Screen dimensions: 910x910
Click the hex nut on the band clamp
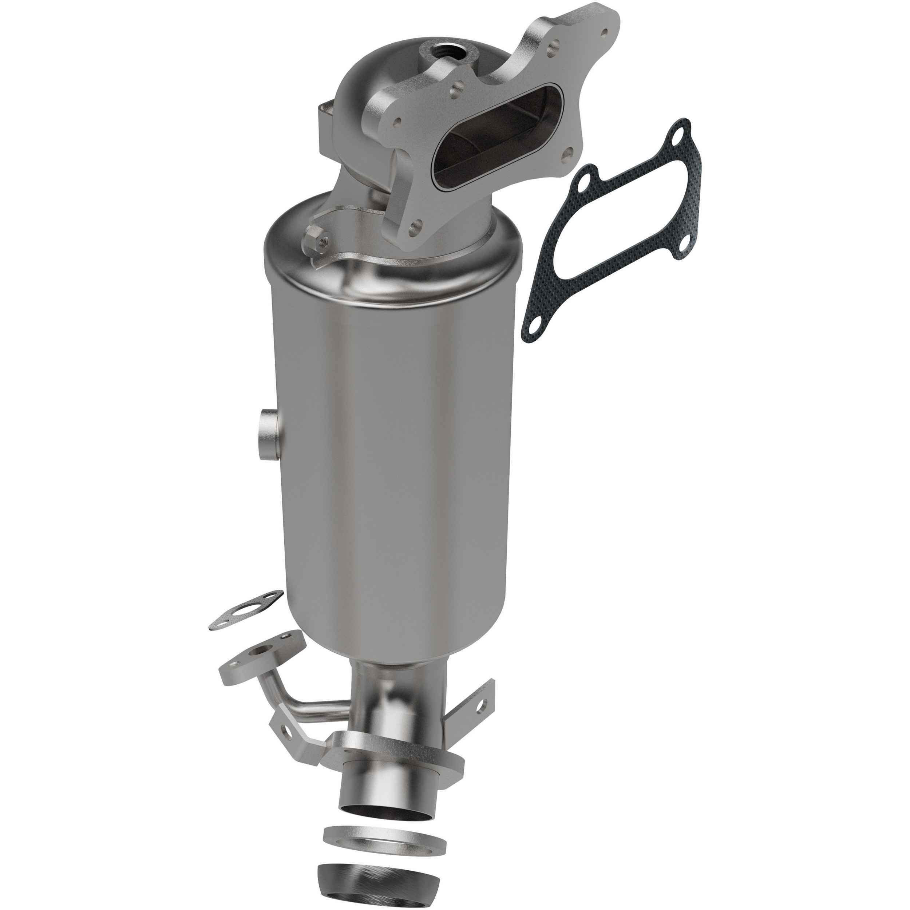[316, 237]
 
